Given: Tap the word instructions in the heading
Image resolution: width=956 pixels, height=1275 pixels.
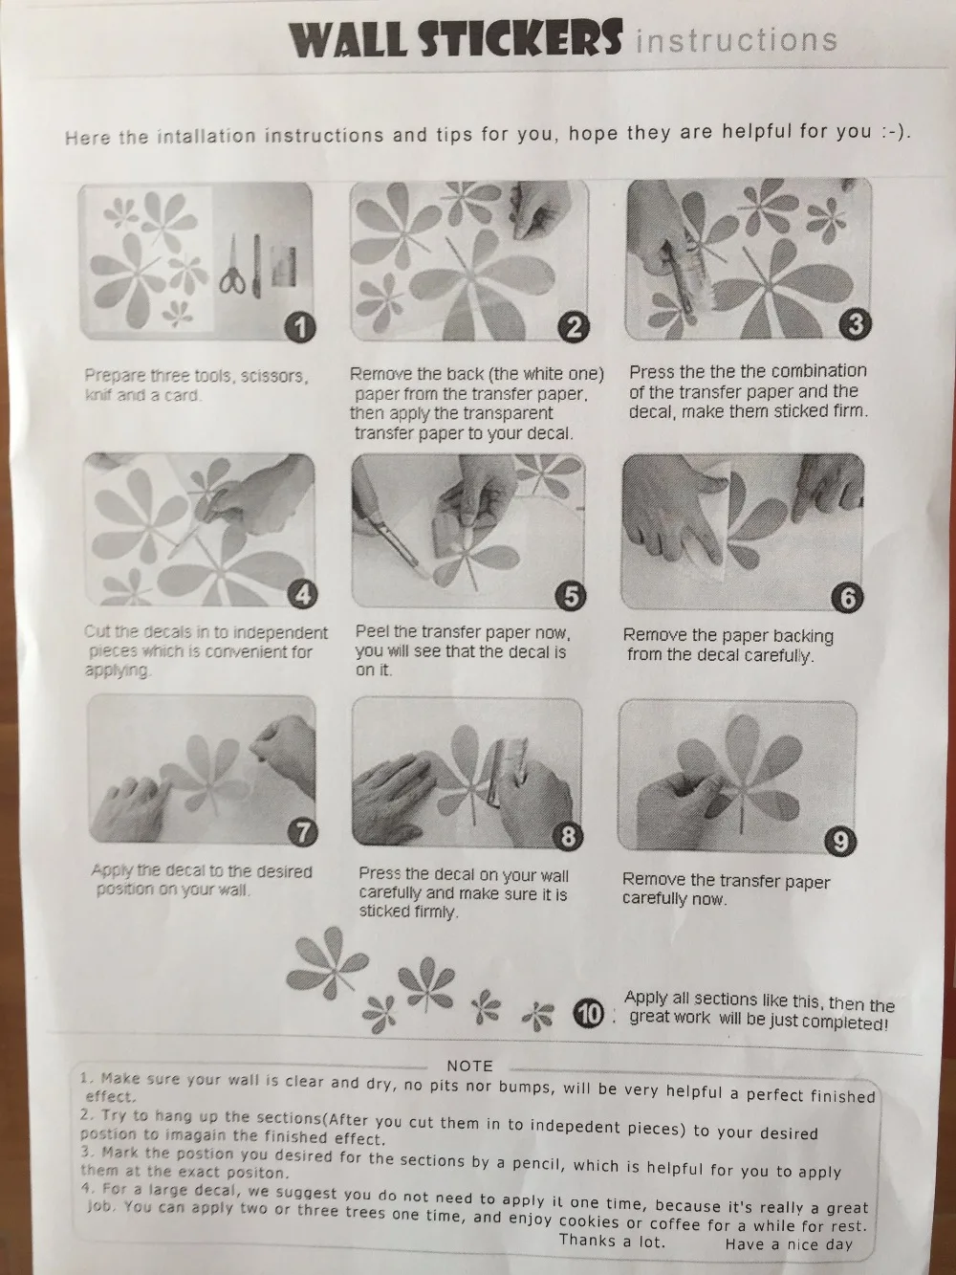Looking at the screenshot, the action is coord(736,40).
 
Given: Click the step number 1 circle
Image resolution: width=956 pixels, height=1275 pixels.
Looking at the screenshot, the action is coord(300,328).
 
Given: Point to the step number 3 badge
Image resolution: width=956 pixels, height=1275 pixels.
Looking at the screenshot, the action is coord(857,324).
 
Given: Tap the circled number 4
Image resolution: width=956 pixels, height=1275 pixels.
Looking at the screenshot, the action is coord(303,595).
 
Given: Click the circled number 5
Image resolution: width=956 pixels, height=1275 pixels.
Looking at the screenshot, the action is coord(571,596).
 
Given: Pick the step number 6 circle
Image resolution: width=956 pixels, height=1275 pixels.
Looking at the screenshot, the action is coord(847,599).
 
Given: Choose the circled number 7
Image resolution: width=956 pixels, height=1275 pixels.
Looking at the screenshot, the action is coord(303,833).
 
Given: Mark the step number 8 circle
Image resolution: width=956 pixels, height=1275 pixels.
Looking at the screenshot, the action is coord(567,836).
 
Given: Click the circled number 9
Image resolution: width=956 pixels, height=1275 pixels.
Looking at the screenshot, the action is coord(840,841).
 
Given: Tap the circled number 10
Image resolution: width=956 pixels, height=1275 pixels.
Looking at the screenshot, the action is coord(589,1015).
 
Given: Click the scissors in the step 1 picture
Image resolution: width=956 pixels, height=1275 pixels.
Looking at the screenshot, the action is coord(233,266).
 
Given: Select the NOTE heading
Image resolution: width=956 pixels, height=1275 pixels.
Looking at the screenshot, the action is coord(470,1066).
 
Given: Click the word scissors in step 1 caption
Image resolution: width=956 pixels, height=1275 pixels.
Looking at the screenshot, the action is coord(272,377).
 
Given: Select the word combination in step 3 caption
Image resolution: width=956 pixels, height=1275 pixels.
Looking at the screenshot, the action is coord(819,371).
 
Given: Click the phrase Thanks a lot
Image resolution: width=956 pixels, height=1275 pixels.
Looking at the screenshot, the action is coord(612,1241).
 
